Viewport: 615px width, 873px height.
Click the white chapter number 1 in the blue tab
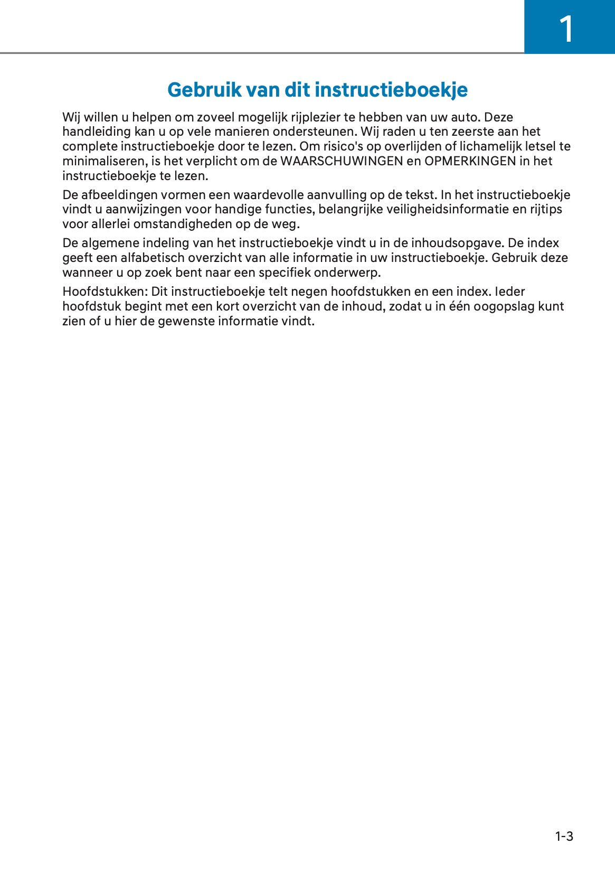tap(566, 29)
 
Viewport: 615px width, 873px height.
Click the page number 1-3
tap(564, 836)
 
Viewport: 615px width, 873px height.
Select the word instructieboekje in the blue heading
tap(391, 90)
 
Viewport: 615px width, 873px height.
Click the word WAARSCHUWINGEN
tap(342, 161)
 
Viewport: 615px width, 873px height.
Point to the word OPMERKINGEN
tap(470, 161)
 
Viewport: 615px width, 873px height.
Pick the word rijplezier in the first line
tap(315, 117)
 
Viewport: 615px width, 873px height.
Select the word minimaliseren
tap(105, 161)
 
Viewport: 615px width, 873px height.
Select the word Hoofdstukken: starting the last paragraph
tap(105, 292)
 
